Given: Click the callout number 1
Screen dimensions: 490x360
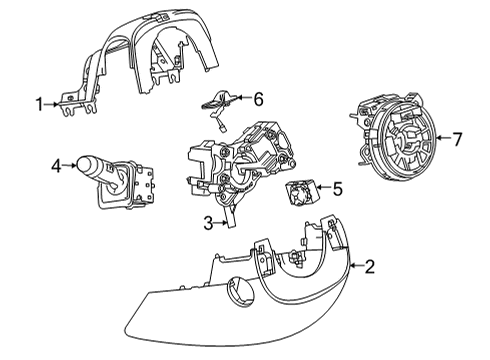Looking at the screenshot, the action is point(39,103).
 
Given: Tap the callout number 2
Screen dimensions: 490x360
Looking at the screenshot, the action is point(369,266).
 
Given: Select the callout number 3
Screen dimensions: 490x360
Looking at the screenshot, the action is point(207,223).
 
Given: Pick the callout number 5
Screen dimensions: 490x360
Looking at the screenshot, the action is point(337,187).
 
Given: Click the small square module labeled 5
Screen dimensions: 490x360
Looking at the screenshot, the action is point(299,192).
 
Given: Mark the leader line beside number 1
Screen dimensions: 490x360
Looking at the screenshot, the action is point(52,103).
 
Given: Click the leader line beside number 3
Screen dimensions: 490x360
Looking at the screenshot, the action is point(219,223).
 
